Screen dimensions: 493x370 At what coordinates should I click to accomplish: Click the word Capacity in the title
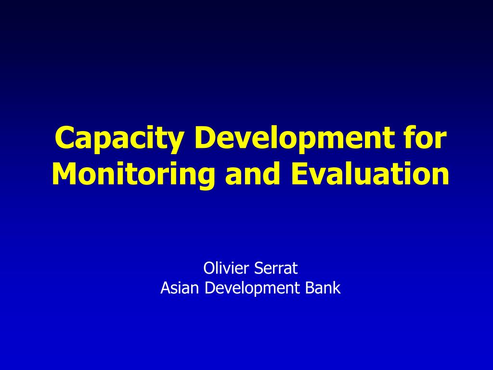point(119,139)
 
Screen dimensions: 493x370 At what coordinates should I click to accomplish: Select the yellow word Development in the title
point(294,139)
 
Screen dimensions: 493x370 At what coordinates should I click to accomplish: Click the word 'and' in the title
point(252,173)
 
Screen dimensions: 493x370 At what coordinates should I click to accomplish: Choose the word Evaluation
point(370,173)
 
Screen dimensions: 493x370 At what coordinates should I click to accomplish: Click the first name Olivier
point(226,268)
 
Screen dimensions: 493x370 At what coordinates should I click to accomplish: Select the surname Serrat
point(276,268)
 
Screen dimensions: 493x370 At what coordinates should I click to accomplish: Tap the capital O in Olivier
point(209,268)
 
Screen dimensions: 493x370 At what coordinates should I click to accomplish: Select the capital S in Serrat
point(259,268)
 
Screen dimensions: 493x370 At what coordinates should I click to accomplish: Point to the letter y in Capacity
point(174,143)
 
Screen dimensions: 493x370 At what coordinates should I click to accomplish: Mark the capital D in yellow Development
point(206,137)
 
